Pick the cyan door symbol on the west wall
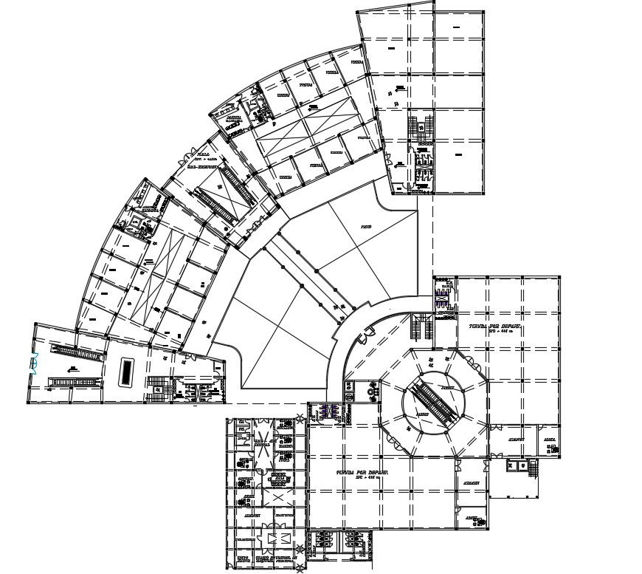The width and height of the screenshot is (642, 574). pos(33,364)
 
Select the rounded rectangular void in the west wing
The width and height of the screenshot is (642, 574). pos(127,369)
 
